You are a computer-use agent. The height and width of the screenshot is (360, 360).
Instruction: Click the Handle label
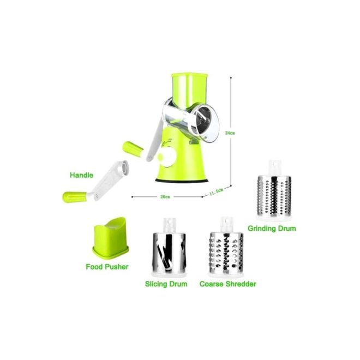(81, 175)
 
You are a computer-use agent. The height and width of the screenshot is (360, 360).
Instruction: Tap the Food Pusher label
(107, 267)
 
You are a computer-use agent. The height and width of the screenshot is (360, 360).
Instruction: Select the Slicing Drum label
(166, 284)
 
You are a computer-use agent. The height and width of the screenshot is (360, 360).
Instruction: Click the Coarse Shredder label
(228, 284)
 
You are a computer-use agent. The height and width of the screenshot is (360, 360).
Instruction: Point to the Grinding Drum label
(272, 229)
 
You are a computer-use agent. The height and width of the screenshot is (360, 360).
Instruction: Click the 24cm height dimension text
(230, 133)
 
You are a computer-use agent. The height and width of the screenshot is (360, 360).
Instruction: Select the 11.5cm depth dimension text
(216, 191)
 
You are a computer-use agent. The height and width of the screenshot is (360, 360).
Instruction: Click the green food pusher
(110, 239)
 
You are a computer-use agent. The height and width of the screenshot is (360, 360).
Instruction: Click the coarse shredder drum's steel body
(226, 252)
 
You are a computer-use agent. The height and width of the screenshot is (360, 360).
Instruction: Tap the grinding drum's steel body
(274, 196)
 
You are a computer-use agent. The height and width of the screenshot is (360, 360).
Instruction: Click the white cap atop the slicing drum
(170, 225)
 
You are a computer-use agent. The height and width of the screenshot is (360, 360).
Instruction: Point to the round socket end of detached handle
(124, 167)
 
